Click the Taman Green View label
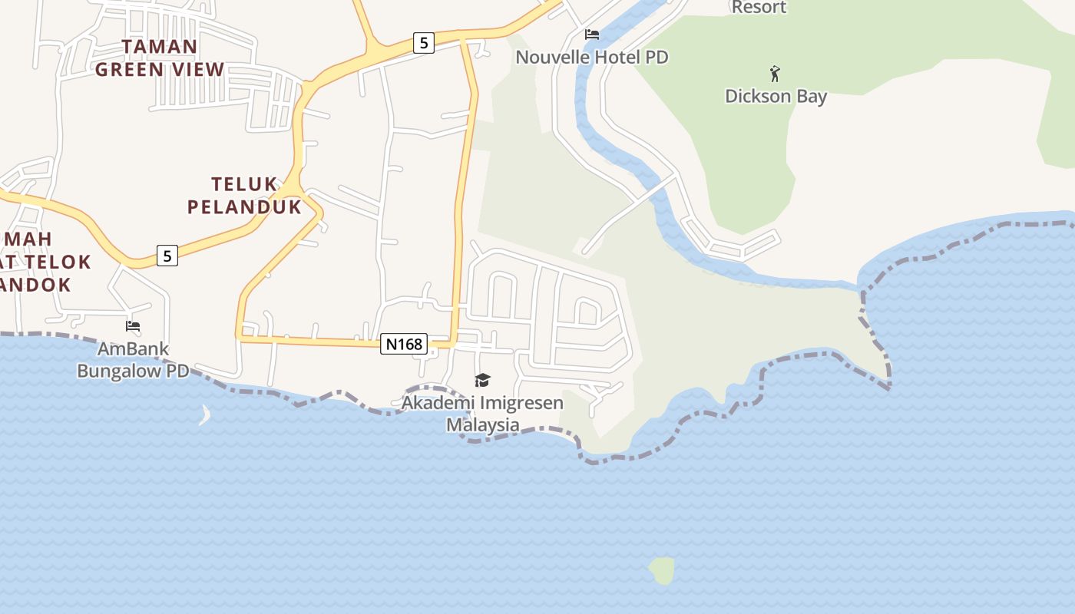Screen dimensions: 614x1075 (160, 58)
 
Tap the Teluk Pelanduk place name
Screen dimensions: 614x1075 (244, 195)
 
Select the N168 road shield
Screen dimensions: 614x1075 (404, 344)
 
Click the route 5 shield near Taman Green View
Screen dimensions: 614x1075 (423, 42)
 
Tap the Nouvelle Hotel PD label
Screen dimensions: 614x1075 (591, 58)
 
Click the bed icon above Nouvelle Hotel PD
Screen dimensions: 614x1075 (592, 35)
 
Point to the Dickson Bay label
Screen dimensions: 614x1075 (776, 97)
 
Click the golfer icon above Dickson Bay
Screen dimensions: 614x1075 (775, 74)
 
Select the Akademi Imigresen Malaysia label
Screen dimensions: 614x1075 (482, 414)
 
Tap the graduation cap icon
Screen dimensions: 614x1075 (482, 380)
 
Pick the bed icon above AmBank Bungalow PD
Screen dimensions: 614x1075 (133, 326)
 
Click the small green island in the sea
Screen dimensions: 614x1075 (662, 570)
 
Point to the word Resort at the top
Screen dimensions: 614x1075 (759, 8)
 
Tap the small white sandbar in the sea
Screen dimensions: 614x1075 (205, 415)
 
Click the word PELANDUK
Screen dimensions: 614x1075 (244, 206)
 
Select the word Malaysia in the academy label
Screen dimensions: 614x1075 (483, 425)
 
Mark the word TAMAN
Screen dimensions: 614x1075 (160, 47)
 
